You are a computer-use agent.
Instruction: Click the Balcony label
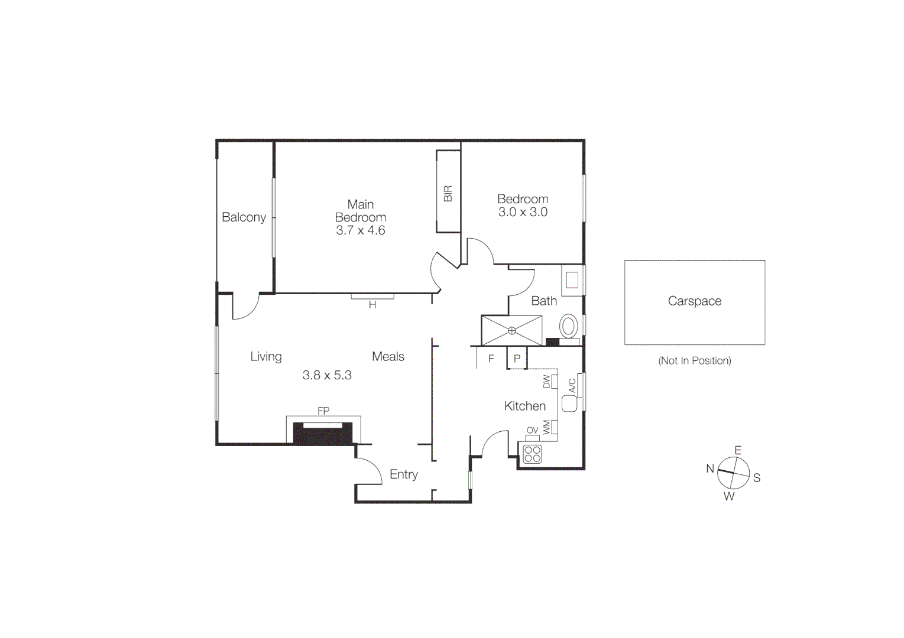(244, 217)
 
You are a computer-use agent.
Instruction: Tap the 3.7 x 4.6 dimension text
(360, 230)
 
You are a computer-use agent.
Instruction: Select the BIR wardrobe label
(448, 193)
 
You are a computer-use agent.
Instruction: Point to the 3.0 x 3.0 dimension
(523, 212)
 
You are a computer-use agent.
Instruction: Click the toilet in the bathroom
(569, 325)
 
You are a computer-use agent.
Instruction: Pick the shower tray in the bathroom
(512, 330)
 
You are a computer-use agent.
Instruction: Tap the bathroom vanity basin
(572, 279)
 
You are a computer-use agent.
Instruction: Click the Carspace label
(694, 301)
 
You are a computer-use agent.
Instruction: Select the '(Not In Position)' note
(694, 360)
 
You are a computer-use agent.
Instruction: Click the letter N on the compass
(710, 468)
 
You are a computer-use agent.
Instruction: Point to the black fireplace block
(323, 434)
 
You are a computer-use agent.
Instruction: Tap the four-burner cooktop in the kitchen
(532, 454)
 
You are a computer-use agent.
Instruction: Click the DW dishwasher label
(546, 382)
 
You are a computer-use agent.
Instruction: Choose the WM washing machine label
(546, 427)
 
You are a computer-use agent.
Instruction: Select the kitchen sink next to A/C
(569, 403)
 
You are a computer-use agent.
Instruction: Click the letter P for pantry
(517, 359)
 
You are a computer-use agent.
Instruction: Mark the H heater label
(372, 305)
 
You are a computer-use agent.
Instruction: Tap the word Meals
(388, 356)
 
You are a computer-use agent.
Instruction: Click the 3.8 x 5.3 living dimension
(327, 375)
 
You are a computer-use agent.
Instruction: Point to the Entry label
(404, 474)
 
